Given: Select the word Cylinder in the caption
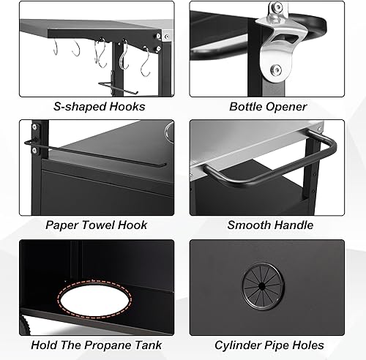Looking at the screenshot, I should (238, 344).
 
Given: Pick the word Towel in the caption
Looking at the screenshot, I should (102, 225).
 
